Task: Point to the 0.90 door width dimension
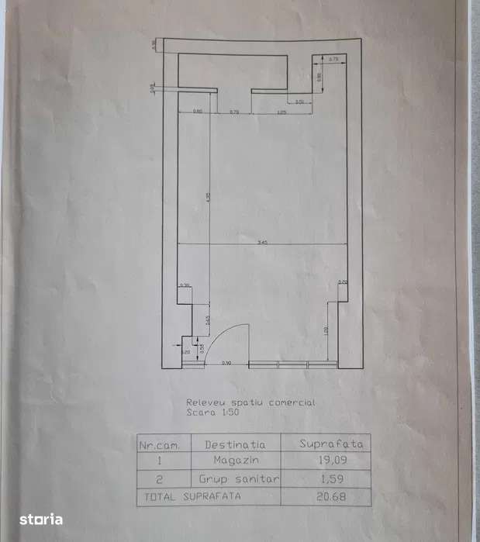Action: [226, 363]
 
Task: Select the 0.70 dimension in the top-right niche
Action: [334, 60]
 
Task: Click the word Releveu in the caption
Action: [203, 402]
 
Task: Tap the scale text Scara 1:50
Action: [212, 413]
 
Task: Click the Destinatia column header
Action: [235, 445]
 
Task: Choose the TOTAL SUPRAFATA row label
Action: [190, 496]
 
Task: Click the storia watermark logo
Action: [41, 520]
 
